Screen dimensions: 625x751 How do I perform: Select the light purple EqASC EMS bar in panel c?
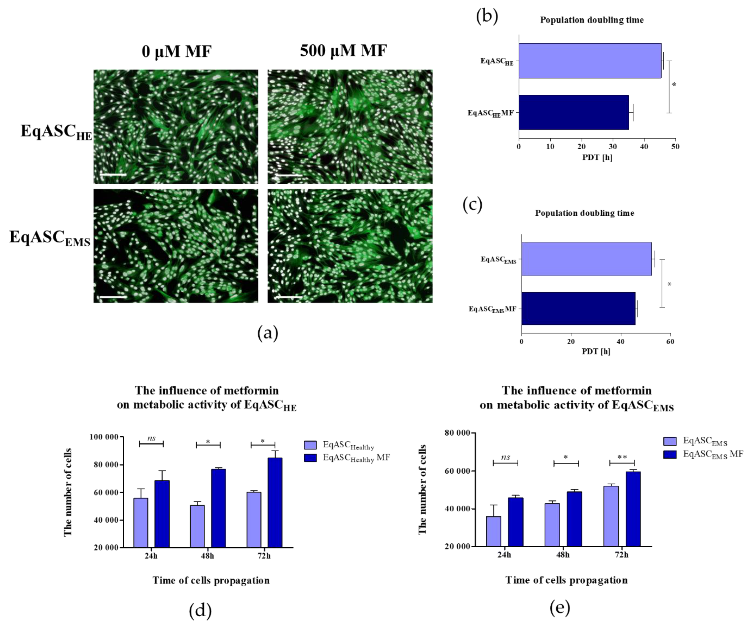(x=586, y=259)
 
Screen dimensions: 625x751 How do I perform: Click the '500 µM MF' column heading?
(x=343, y=51)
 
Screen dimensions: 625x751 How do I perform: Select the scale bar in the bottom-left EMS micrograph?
(x=113, y=296)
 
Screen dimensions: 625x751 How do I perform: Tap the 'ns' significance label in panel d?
(x=151, y=438)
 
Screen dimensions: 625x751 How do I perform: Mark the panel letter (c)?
(x=472, y=205)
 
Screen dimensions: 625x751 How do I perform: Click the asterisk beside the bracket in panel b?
(x=674, y=85)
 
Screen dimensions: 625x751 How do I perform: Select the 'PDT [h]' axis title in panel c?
(x=596, y=351)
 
